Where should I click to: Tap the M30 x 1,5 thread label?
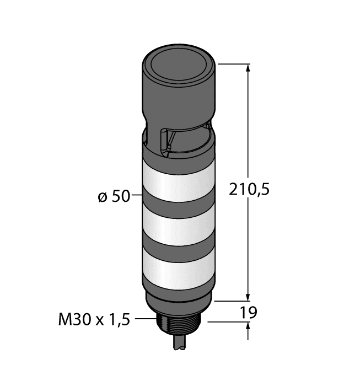[x=93, y=319]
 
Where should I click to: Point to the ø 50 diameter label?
[x=114, y=196]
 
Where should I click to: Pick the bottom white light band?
[x=179, y=270]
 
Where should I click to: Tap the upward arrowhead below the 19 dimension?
[x=248, y=328]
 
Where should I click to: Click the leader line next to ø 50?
[x=137, y=196]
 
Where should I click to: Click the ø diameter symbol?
[x=102, y=196]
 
